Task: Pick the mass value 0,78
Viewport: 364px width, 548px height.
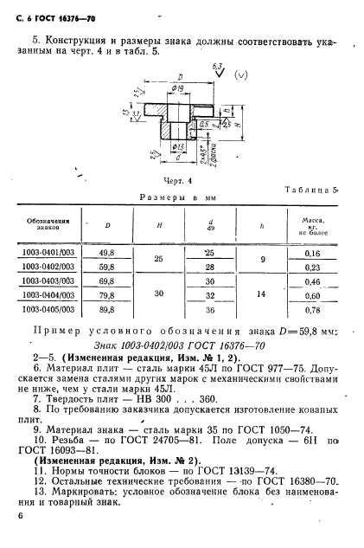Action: click(311, 308)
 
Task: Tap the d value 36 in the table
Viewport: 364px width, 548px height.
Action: click(208, 308)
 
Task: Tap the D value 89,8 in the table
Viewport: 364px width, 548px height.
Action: click(109, 308)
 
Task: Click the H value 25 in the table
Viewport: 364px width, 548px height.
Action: click(157, 260)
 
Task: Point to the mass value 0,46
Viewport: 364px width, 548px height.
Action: click(311, 281)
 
